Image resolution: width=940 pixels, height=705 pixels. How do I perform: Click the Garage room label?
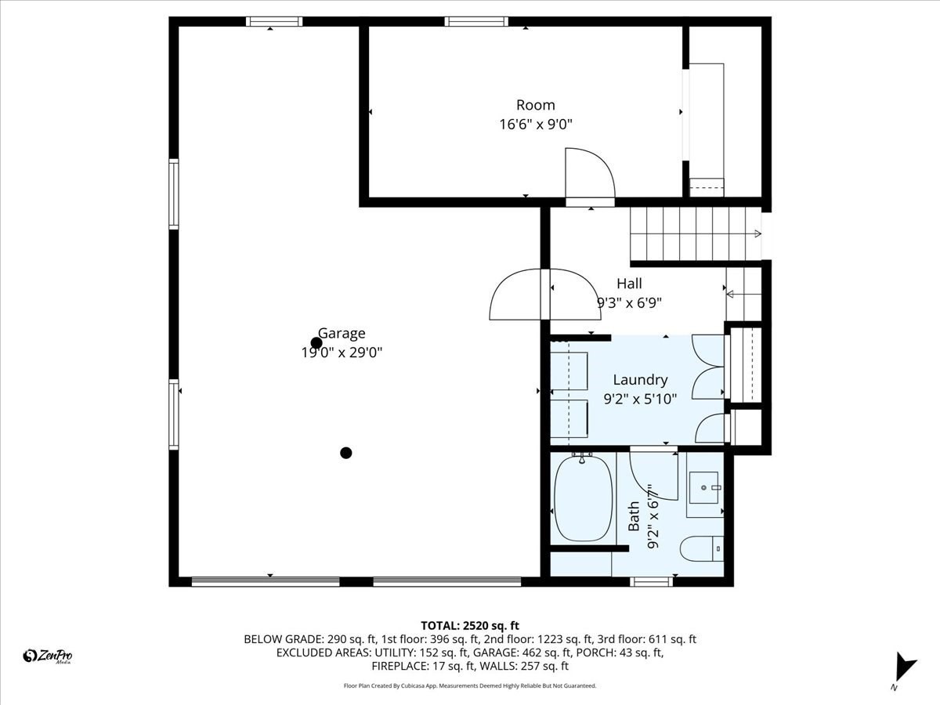[x=342, y=334]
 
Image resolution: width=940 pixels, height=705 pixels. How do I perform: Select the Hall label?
[x=629, y=284]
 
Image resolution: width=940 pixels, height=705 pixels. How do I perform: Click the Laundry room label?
[x=640, y=380]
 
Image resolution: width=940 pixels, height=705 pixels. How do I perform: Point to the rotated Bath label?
[x=634, y=516]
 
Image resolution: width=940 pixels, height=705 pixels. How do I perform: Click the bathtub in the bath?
[x=582, y=500]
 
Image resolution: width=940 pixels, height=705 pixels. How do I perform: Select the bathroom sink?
[x=704, y=490]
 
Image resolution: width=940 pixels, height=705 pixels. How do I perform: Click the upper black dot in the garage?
[x=316, y=343]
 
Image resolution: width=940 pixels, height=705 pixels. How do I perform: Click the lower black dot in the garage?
[x=346, y=453]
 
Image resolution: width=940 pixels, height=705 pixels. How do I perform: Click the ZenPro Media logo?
[x=48, y=656]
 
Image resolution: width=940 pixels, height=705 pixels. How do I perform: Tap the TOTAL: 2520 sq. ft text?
[x=470, y=625]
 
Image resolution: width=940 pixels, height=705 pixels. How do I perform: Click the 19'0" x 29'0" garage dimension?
[x=342, y=352]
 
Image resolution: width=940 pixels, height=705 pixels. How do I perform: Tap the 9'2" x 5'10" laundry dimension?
[x=640, y=398]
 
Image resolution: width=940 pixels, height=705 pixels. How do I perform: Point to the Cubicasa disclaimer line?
[x=470, y=685]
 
